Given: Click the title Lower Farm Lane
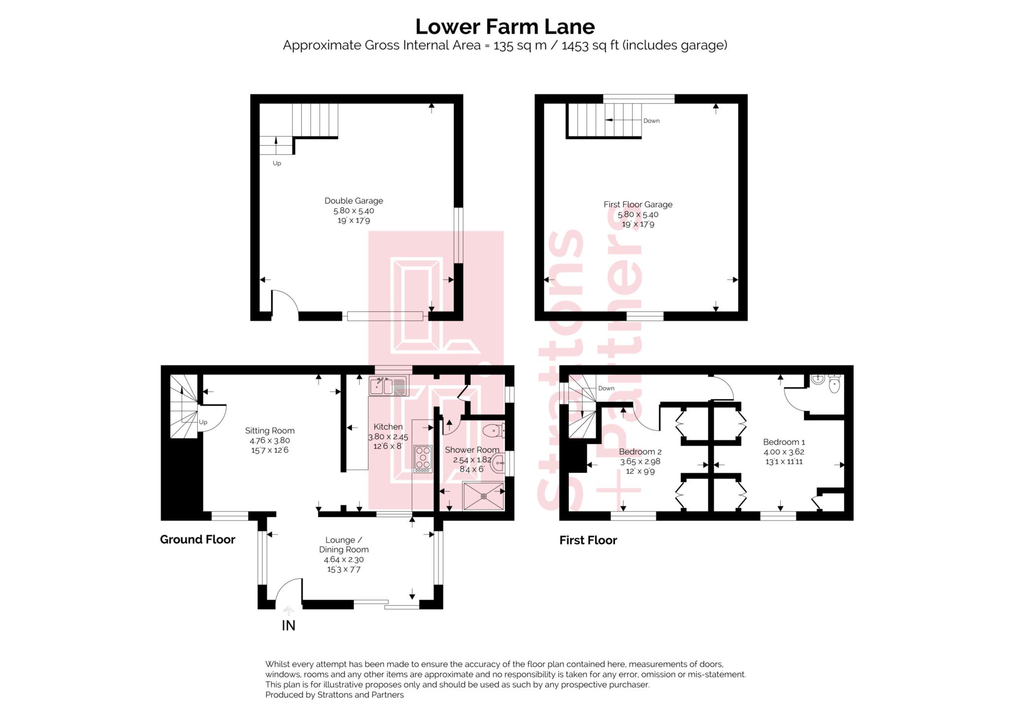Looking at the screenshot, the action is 505,26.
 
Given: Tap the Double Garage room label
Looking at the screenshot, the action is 354,201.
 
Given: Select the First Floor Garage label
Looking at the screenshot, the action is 638,204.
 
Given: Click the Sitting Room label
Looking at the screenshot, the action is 270,431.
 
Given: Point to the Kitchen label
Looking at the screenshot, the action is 388,427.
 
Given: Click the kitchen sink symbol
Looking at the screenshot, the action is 389,386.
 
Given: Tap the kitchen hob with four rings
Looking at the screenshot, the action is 423,459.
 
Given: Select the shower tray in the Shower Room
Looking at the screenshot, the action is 483,496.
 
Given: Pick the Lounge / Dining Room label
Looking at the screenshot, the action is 344,545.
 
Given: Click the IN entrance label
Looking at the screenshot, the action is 289,626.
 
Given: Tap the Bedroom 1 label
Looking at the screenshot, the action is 784,442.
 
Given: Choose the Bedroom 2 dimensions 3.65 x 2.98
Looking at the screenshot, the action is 640,462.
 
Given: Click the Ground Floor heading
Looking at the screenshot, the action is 197,540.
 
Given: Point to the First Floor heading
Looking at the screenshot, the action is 588,540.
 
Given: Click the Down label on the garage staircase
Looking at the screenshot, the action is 651,121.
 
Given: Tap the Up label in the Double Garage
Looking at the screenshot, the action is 277,163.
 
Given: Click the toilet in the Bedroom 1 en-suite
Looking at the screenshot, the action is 834,384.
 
